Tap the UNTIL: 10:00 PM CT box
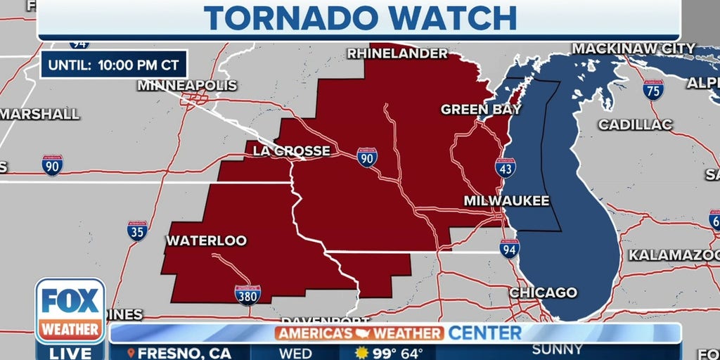pos(114,66)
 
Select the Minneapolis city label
pos(187,85)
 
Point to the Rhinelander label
pos(397,53)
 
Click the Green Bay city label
pos(481,109)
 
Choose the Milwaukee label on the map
pos(506,201)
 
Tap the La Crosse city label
pos(291,150)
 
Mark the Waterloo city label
pos(206,240)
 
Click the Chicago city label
pos(543,292)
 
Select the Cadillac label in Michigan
pos(636,124)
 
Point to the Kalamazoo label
pos(674,255)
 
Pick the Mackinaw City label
pos(634,49)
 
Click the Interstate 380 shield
pos(247,295)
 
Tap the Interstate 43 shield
pos(505,167)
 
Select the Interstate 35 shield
pos(137,231)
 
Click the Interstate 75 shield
pos(653,89)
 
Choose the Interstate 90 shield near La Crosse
pos(366,157)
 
